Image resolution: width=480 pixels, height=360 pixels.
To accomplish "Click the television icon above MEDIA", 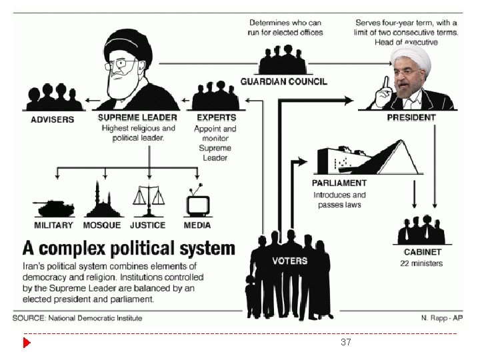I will (197, 201).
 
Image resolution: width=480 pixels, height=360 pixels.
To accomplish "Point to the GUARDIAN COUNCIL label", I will (283, 81).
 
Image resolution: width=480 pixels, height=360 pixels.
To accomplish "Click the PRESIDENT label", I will (411, 117).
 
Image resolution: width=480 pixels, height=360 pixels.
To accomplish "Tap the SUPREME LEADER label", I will (138, 118).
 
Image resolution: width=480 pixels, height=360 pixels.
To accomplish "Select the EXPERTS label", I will (215, 118).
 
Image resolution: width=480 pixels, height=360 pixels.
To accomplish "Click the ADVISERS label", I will (53, 119).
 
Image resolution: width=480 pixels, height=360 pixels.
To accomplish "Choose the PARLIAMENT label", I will (339, 183).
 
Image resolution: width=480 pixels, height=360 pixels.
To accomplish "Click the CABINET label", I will (423, 253).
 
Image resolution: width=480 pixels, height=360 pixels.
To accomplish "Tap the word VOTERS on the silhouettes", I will (289, 261).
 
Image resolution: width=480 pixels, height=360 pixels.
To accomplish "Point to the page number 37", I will (345, 342).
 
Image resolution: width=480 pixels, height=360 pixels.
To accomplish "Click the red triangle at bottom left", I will (27, 343).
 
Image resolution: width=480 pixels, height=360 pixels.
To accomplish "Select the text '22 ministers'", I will (421, 263).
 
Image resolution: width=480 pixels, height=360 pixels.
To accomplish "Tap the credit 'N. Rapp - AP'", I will (442, 317).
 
